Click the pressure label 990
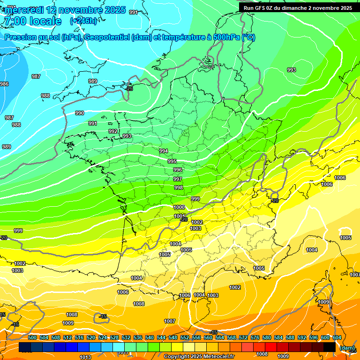pos(80,113)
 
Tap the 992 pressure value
pos(113,132)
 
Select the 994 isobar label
pos(164,151)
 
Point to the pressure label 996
pos(178,170)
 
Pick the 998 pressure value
pos(179,187)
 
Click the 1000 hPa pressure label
pos(179,207)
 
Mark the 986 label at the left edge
pos(4,84)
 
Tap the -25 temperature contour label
pos(129,88)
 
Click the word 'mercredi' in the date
pos(27,10)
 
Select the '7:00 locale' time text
pos(32,21)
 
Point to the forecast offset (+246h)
pos(84,21)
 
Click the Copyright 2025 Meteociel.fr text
pos(199,356)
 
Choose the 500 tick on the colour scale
pos(32,337)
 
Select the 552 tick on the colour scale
pos(185,337)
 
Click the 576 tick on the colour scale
pos(255,337)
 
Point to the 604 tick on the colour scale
pos(337,337)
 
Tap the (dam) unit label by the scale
pos(347,348)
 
